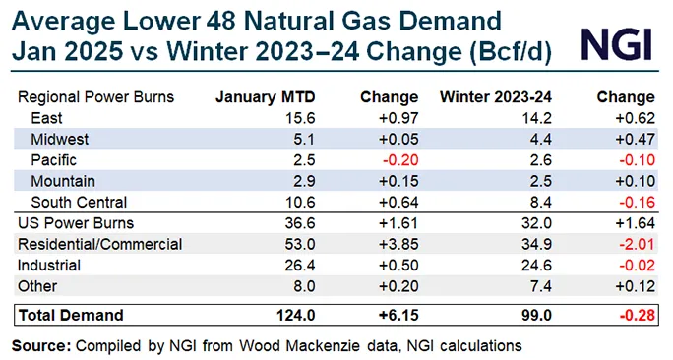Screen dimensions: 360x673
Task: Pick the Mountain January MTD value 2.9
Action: click(x=277, y=181)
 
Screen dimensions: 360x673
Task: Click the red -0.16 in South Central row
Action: click(x=633, y=203)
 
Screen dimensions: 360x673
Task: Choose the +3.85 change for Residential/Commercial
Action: click(x=396, y=244)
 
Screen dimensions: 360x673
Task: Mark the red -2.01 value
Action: click(x=633, y=244)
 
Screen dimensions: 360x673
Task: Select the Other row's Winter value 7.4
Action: click(x=532, y=287)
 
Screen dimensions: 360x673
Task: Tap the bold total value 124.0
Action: click(x=270, y=315)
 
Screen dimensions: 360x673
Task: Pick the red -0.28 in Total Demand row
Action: click(x=633, y=315)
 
